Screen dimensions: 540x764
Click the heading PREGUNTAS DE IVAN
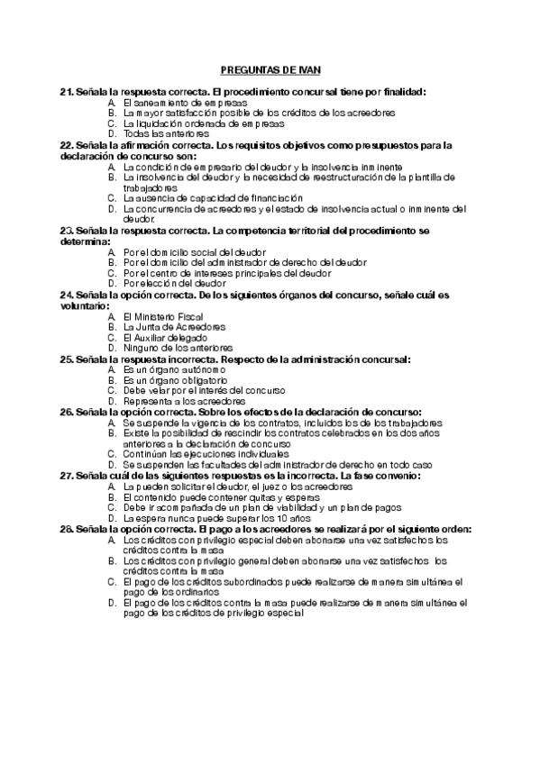[270, 69]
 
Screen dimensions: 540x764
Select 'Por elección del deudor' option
[175, 283]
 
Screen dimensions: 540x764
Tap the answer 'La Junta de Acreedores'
[174, 326]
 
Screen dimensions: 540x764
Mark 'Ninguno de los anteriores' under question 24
[178, 347]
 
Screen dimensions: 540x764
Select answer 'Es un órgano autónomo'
[174, 369]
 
